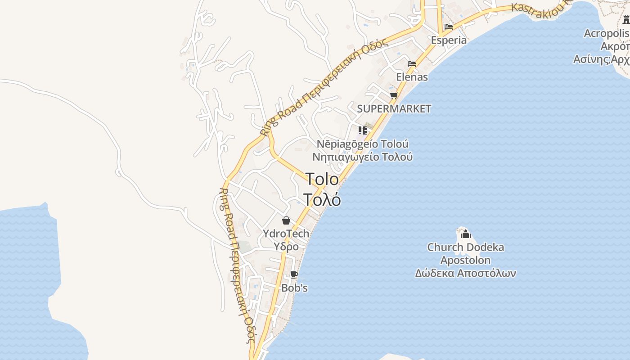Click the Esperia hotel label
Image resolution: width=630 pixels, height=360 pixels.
point(449,40)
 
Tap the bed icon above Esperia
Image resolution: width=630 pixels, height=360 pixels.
point(448,27)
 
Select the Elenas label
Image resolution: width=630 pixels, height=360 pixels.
point(412,77)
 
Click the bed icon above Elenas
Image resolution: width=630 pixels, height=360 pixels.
point(412,64)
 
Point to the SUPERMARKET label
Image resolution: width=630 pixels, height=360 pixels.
point(394,108)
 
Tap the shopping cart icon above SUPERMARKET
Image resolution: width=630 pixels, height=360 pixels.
point(394,95)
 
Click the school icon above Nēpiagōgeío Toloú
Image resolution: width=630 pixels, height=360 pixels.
point(363,130)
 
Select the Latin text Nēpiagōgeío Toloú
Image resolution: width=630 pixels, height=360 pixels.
point(363,144)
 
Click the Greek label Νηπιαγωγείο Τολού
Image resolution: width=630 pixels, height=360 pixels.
point(363,157)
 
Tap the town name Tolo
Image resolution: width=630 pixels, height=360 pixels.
point(322,179)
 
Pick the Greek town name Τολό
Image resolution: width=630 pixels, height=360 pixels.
point(322,199)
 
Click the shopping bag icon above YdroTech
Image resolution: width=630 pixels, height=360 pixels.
point(286,220)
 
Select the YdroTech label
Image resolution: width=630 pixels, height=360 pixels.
point(286,234)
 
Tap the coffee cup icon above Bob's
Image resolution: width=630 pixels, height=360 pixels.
point(294,274)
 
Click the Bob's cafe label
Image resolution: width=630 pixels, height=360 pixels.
point(294,288)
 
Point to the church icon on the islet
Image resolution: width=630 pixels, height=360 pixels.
point(466,234)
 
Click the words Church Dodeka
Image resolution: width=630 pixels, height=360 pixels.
point(465,247)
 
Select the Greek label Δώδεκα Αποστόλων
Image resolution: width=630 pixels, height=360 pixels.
point(465,273)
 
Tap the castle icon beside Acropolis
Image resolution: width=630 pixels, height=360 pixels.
point(626,20)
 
